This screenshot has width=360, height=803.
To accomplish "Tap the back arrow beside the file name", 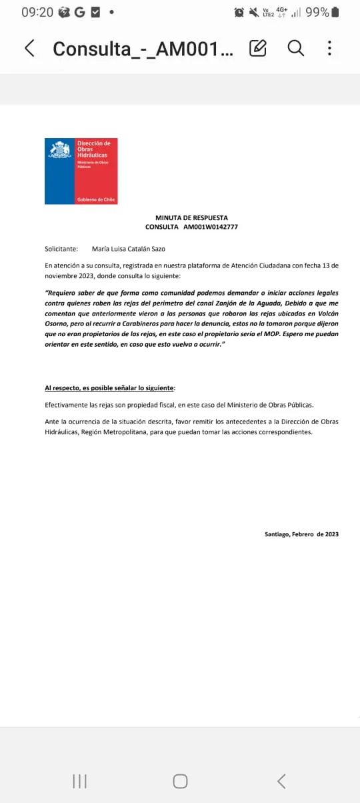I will (29, 48).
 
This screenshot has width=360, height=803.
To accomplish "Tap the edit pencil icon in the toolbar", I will (258, 48).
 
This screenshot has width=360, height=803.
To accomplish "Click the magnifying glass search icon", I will (295, 48).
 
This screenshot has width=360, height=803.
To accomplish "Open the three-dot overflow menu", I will (329, 48).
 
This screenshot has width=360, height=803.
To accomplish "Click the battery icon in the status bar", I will (335, 12).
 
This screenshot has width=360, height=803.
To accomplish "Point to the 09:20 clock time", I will (37, 12).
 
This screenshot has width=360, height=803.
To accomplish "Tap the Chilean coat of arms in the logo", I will (59, 150).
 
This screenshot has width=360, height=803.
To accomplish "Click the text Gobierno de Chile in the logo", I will (96, 199).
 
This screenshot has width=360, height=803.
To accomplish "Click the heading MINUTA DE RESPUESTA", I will (191, 217).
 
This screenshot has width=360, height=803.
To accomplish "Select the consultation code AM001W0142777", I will (211, 227).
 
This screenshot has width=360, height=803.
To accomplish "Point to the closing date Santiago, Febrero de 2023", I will (301, 534).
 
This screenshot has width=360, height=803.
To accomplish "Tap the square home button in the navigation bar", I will (180, 781).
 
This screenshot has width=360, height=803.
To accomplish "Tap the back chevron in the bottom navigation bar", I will (281, 781).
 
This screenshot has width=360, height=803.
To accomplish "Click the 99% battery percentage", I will (317, 12).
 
